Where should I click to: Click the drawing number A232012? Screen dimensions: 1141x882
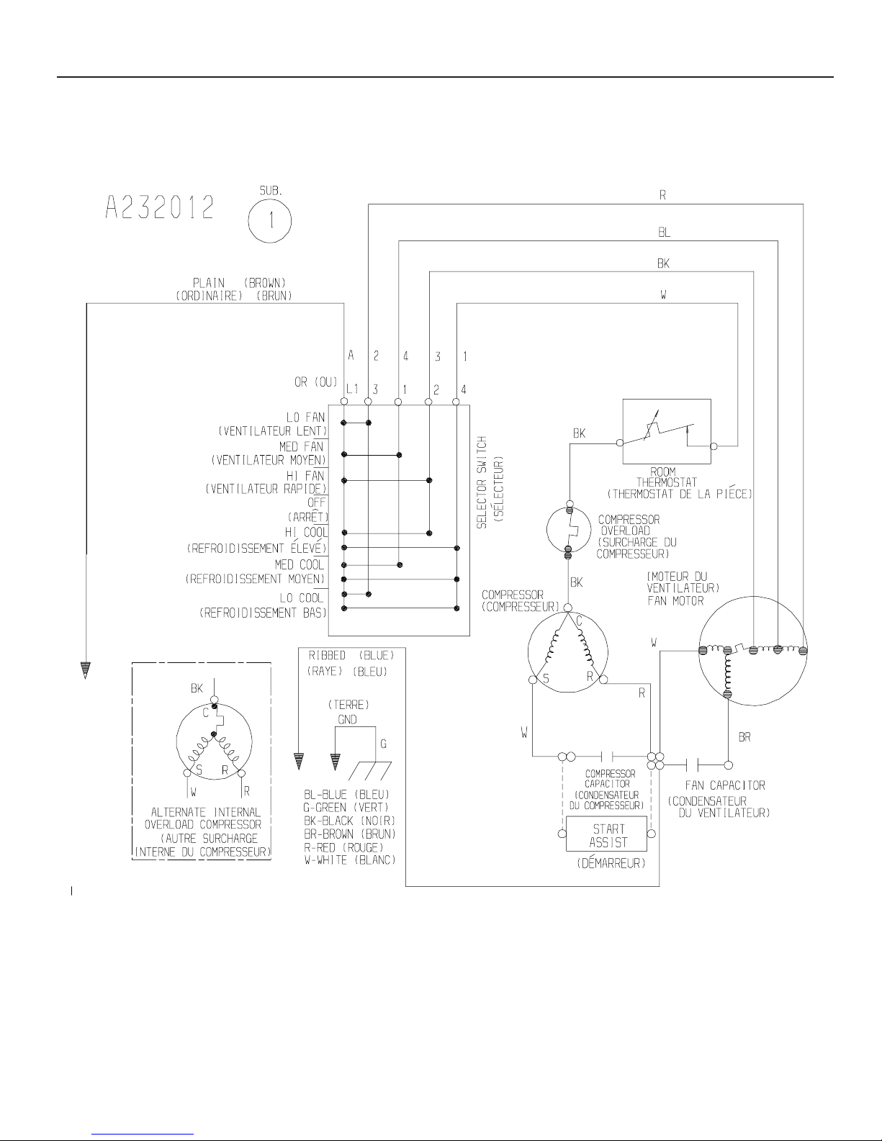(159, 208)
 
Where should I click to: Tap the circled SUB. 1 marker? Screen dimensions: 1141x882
(271, 220)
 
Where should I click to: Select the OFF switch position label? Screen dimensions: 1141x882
(316, 502)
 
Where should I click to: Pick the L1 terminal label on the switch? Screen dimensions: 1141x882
(351, 389)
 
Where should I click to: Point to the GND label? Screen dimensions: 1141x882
(347, 719)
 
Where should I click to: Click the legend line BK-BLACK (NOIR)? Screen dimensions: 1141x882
(350, 821)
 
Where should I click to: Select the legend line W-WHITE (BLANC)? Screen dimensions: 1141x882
(350, 860)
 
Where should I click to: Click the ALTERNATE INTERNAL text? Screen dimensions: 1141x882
(201, 812)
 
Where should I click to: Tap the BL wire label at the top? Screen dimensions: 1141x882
(664, 233)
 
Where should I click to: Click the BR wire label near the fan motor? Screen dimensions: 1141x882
(745, 738)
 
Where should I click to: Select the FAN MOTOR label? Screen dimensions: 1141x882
(675, 600)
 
